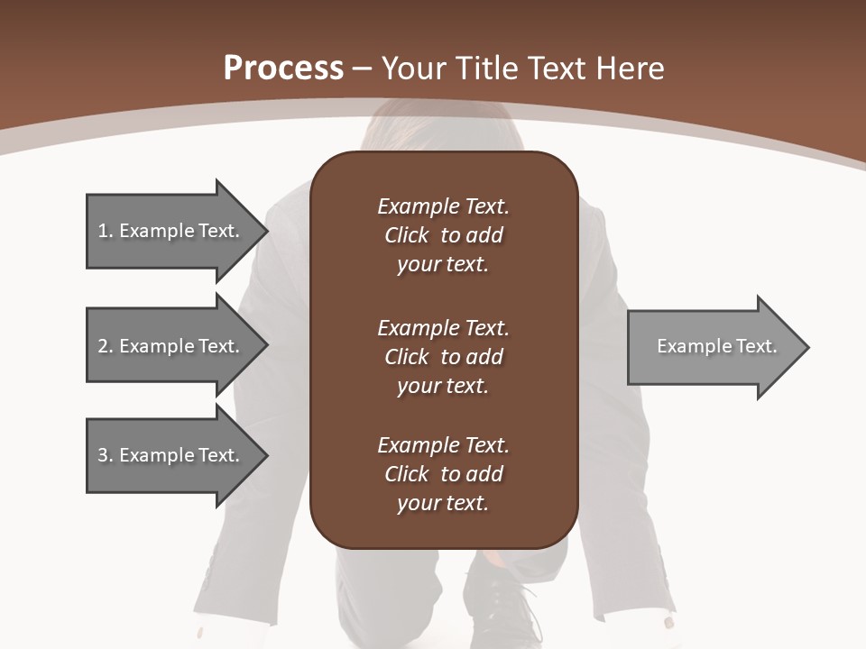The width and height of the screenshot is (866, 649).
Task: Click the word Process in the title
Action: coord(283,68)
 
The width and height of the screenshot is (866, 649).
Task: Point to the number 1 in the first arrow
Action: coord(102,231)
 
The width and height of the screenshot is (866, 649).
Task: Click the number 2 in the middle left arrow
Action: coord(103,346)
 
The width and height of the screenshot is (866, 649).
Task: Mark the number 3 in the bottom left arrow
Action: coord(103,455)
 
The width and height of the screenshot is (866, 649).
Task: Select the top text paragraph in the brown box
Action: coord(443,235)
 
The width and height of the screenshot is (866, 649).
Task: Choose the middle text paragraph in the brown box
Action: coord(443,357)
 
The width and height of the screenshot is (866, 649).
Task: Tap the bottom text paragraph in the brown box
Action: coord(443,474)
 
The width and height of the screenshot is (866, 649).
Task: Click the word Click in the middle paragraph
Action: coord(406,357)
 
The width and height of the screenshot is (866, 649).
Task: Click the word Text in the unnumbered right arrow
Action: coord(756,346)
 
